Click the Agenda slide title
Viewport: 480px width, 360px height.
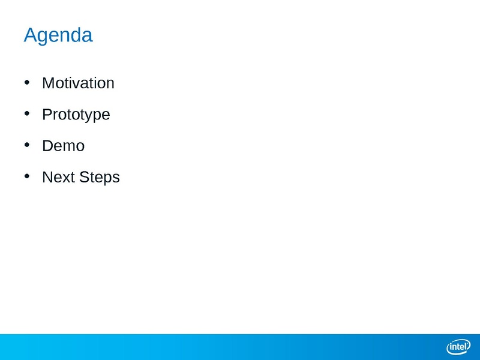click(x=58, y=35)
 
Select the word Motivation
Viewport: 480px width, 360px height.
click(x=79, y=83)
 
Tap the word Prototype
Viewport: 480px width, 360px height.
click(x=76, y=115)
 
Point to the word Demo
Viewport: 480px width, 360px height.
click(x=64, y=146)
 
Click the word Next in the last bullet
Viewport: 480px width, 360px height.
click(x=59, y=177)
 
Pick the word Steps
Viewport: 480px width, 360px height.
click(x=100, y=178)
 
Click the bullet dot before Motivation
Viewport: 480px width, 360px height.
click(x=27, y=82)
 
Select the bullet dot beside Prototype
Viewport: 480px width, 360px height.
click(x=27, y=113)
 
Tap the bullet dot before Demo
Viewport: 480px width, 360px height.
click(x=27, y=145)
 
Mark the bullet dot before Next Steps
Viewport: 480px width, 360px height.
click(x=27, y=176)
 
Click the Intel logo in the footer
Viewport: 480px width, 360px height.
click(x=458, y=347)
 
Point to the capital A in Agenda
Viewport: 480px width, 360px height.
click(x=31, y=35)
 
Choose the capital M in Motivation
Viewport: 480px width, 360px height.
click(x=48, y=83)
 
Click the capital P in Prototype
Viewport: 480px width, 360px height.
click(x=47, y=114)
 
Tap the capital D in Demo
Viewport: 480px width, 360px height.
click(x=49, y=146)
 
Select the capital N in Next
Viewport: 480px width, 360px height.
click(x=48, y=177)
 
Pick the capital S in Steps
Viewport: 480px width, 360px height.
click(x=85, y=177)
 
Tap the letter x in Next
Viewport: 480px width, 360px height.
click(x=67, y=179)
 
